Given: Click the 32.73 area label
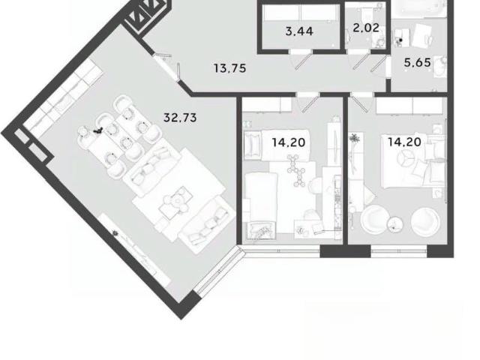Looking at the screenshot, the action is [180, 118].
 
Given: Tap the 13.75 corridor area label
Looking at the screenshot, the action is [230, 68].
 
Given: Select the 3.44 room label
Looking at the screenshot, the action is [299, 31].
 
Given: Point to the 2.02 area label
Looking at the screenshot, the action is [366, 28].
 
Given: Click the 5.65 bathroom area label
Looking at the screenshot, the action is [418, 62].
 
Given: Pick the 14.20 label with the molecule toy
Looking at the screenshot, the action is [289, 142].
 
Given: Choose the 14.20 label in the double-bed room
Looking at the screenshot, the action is [405, 142].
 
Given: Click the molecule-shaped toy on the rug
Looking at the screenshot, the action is [295, 170].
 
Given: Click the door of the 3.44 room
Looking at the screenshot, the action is [303, 60].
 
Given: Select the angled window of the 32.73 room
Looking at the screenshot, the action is [218, 271].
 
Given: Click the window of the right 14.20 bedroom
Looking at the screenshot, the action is [398, 251].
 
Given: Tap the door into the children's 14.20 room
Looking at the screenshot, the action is [309, 103].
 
